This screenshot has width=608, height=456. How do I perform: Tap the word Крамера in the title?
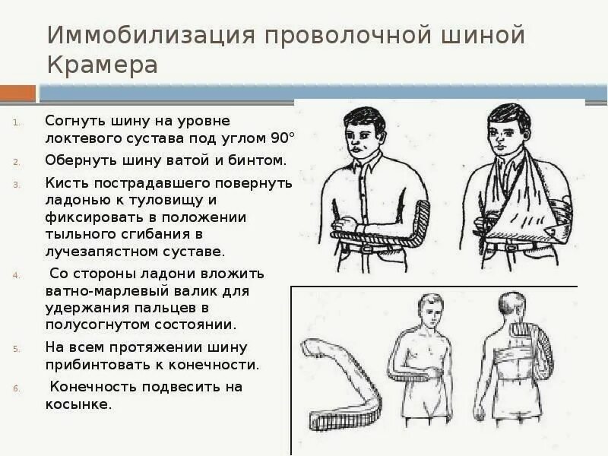tap(102, 65)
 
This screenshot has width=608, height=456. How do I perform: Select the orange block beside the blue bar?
tap(17, 93)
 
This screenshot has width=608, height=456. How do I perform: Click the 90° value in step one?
tap(282, 139)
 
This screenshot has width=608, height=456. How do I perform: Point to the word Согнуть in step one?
tap(74, 121)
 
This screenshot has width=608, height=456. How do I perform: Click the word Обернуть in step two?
tap(78, 161)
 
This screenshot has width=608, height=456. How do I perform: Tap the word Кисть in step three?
tap(63, 183)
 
